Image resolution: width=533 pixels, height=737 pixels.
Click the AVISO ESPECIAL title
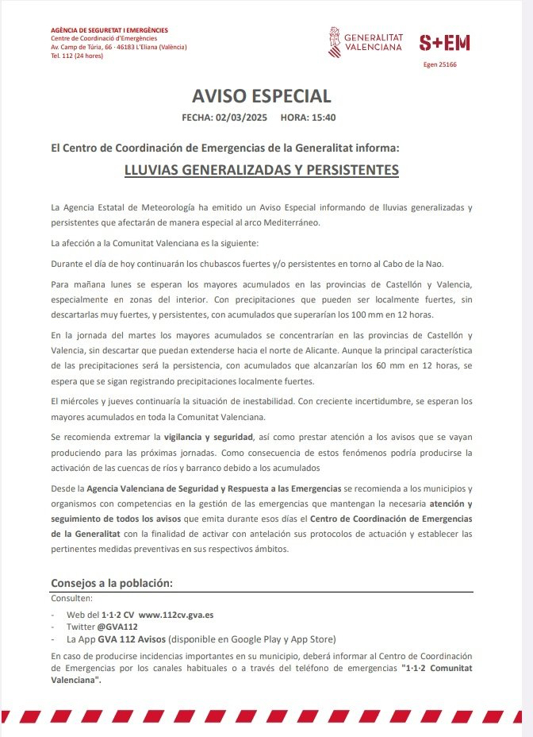(261, 96)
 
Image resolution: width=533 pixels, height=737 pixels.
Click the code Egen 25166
(440, 64)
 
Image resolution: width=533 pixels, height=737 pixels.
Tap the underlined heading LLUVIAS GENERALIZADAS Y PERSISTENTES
(261, 170)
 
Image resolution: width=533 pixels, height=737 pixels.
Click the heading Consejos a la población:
(111, 584)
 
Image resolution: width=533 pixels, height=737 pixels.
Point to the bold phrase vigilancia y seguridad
(208, 438)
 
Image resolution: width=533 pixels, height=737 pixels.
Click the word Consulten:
(71, 598)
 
